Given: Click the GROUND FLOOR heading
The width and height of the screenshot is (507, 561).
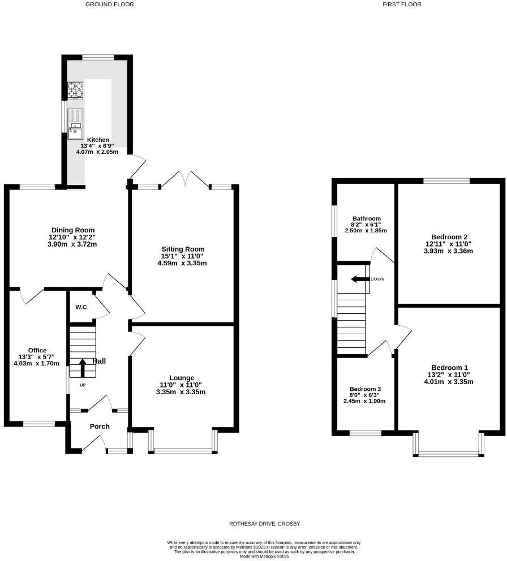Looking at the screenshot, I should (x=110, y=4).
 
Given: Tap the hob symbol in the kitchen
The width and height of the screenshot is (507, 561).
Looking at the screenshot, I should (x=75, y=90).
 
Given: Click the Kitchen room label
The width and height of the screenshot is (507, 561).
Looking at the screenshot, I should (x=98, y=140).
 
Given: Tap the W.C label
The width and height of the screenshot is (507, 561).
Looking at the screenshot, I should (x=81, y=307).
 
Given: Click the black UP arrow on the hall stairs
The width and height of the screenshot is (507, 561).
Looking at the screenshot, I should (x=83, y=368).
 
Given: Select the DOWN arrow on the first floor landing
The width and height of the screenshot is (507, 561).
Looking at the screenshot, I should (x=359, y=279).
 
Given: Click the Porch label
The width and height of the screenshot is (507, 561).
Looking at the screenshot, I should (x=100, y=426).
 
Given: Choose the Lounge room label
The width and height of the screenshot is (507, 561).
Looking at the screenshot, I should (x=182, y=378).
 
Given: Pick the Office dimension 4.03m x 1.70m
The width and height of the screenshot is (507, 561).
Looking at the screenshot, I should (x=37, y=364).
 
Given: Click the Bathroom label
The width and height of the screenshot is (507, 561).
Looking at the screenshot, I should (x=366, y=218).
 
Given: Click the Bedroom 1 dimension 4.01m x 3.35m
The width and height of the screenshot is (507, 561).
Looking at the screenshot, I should (x=450, y=382).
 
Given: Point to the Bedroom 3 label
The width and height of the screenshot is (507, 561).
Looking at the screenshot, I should (x=365, y=389).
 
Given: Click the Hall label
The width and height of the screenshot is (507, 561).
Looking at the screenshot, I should (x=99, y=361).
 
